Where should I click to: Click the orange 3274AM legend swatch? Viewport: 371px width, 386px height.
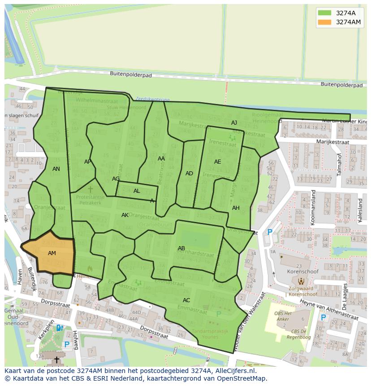pyautogui.click(x=325, y=22)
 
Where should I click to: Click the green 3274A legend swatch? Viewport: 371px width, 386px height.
pyautogui.click(x=325, y=13)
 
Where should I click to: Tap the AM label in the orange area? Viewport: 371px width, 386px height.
pyautogui.click(x=52, y=253)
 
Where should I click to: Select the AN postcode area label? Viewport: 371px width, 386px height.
pyautogui.click(x=56, y=169)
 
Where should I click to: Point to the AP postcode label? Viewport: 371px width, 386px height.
pyautogui.click(x=88, y=162)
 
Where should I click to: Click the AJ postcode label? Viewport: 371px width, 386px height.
pyautogui.click(x=234, y=123)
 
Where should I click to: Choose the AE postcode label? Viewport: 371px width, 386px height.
pyautogui.click(x=217, y=162)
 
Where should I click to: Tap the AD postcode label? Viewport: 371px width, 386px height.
pyautogui.click(x=189, y=173)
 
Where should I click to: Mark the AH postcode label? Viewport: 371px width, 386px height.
pyautogui.click(x=236, y=208)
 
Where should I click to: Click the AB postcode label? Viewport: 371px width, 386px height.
pyautogui.click(x=181, y=248)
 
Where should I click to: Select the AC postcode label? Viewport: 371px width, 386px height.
pyautogui.click(x=186, y=300)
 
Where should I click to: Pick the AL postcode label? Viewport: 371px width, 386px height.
pyautogui.click(x=137, y=191)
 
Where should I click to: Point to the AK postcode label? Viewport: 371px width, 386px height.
pyautogui.click(x=125, y=215)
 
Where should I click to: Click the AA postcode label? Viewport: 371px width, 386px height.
pyautogui.click(x=161, y=158)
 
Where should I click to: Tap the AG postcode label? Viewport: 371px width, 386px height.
pyautogui.click(x=116, y=179)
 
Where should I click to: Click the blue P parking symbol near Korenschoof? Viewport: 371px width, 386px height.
pyautogui.click(x=270, y=232)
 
